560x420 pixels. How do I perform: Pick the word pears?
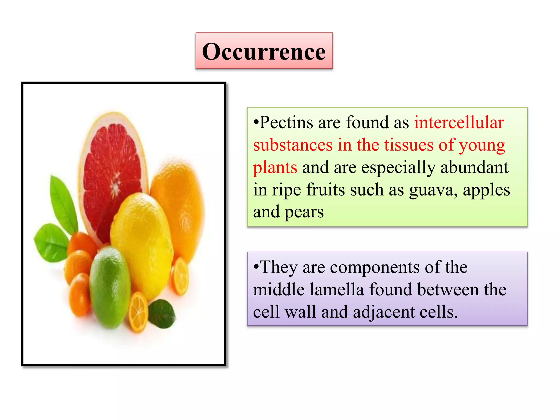point(304,212)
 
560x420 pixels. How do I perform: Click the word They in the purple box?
point(278,267)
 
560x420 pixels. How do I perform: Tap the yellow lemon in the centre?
point(142,241)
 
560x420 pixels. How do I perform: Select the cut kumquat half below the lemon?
point(139,312)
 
